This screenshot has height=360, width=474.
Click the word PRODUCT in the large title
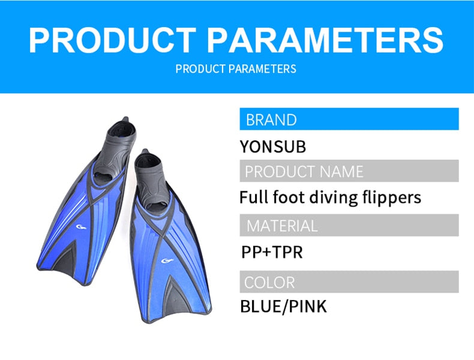point(112,41)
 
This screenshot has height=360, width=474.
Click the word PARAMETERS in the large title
point(325,41)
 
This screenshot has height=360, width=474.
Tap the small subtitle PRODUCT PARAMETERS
point(236,69)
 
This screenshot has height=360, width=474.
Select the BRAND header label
point(271,119)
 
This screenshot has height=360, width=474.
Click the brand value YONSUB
point(272,146)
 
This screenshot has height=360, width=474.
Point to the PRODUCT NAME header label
point(304,172)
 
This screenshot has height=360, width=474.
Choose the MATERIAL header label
point(282,226)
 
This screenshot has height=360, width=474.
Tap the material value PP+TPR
point(272,252)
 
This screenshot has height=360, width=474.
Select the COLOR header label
point(269,283)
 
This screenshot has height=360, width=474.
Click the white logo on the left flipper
point(81,227)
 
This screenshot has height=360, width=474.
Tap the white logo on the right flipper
point(167,260)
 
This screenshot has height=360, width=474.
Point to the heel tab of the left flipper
point(125,119)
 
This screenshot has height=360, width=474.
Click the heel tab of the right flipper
point(145,151)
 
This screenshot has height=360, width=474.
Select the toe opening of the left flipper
point(103,178)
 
